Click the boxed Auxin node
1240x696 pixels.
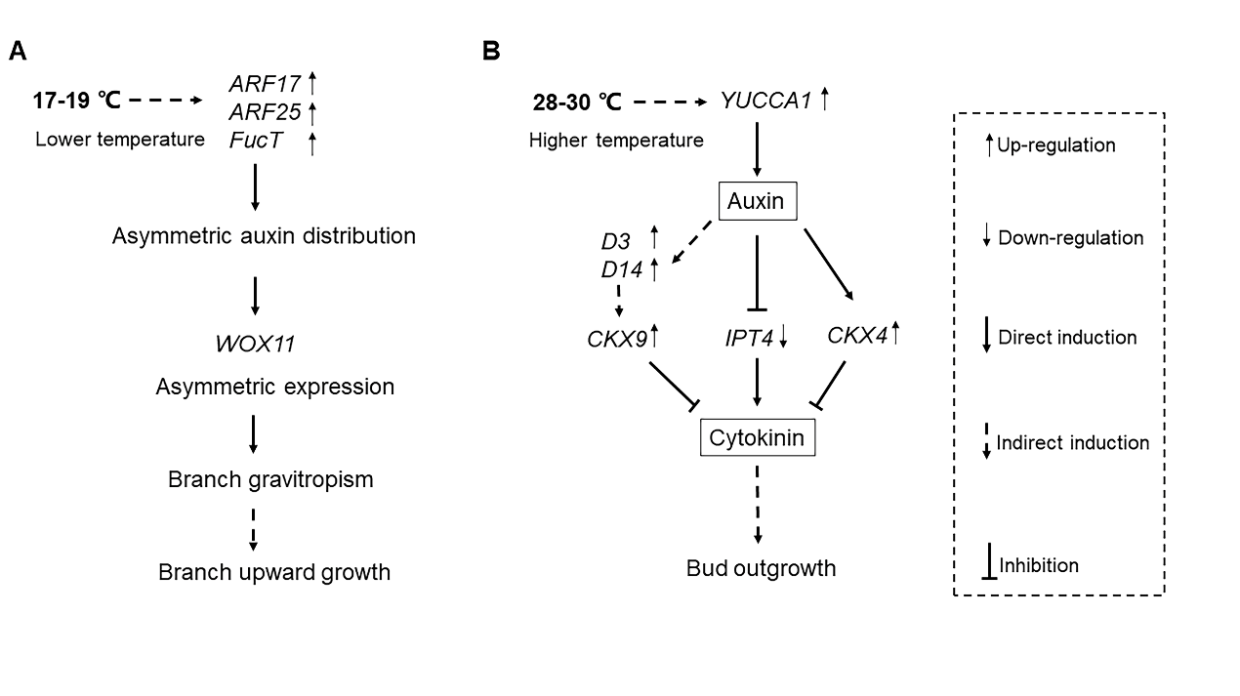[757, 203]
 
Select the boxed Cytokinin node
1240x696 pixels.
[757, 438]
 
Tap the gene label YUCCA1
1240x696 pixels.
[765, 100]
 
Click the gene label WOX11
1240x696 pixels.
[255, 344]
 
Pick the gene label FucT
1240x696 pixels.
[255, 141]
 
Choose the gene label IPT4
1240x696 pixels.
[749, 338]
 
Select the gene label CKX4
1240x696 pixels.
[855, 336]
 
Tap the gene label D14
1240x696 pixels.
[621, 269]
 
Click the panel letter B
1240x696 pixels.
[492, 51]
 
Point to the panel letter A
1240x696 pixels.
[18, 51]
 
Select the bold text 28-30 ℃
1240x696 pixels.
[577, 101]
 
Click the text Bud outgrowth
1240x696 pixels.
[761, 568]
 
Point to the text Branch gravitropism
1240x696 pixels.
[270, 479]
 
